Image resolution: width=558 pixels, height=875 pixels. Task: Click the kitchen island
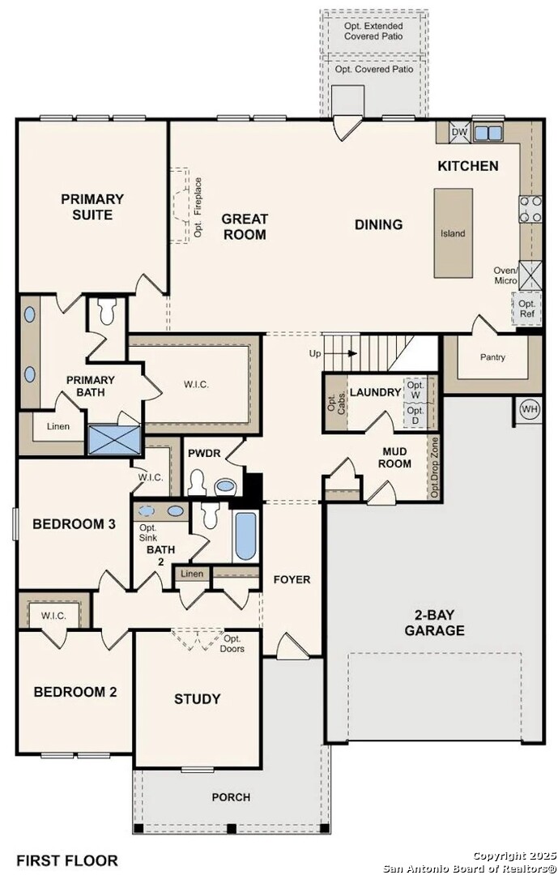pyautogui.click(x=453, y=233)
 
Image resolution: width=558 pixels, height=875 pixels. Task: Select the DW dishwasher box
pyautogui.click(x=458, y=132)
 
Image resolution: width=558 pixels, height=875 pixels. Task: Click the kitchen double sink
pyautogui.click(x=488, y=133)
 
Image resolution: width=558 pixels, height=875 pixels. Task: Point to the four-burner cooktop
pyautogui.click(x=530, y=209)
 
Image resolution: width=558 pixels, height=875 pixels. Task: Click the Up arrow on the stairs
pyautogui.click(x=345, y=353)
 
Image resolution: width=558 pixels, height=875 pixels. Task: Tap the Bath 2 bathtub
pyautogui.click(x=245, y=536)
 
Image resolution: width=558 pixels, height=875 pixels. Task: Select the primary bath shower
pyautogui.click(x=114, y=440)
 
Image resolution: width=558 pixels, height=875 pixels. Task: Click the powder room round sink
pyautogui.click(x=225, y=486)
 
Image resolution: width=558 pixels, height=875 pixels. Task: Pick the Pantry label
pyautogui.click(x=492, y=357)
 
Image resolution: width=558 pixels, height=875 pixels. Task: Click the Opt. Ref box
pyautogui.click(x=526, y=308)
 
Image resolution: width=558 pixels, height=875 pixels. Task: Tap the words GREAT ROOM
pyautogui.click(x=245, y=227)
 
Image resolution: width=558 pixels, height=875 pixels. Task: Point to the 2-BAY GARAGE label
pyautogui.click(x=435, y=623)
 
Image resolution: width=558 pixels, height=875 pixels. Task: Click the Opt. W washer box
pyautogui.click(x=415, y=390)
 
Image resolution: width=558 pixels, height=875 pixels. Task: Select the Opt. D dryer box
pyautogui.click(x=415, y=415)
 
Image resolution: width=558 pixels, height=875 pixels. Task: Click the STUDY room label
pyautogui.click(x=197, y=698)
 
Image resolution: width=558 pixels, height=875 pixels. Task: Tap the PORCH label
pyautogui.click(x=231, y=797)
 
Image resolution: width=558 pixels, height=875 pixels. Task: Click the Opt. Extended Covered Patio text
pyautogui.click(x=373, y=32)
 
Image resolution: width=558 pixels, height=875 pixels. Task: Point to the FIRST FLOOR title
pyautogui.click(x=67, y=860)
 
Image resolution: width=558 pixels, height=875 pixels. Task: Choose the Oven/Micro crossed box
pyautogui.click(x=528, y=275)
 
